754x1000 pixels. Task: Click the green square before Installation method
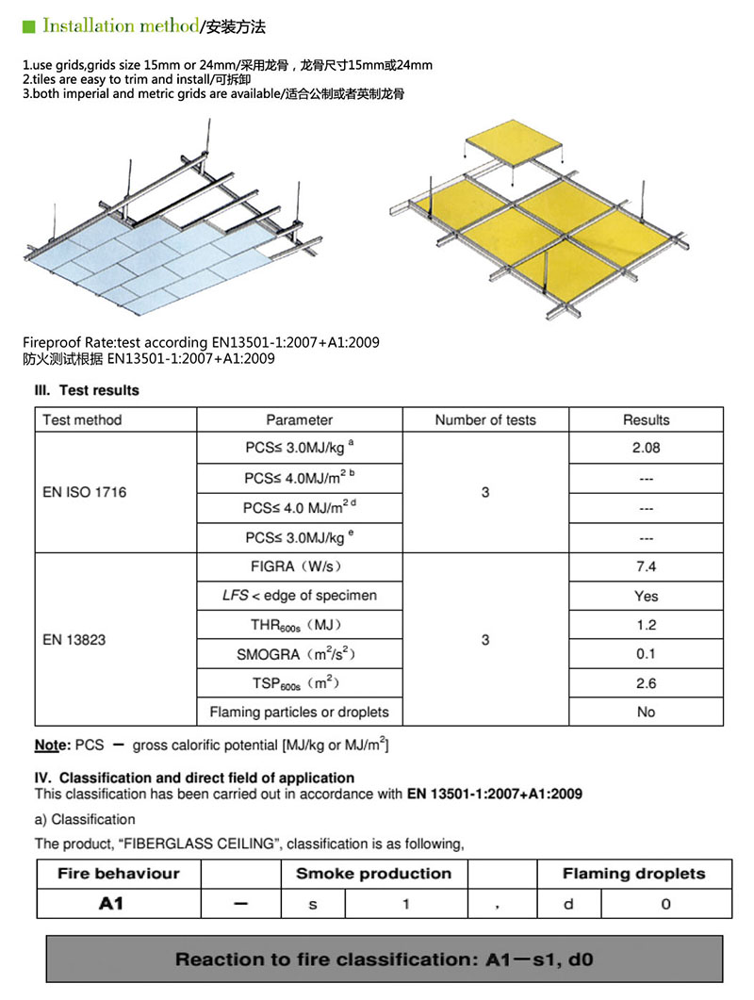click(x=29, y=25)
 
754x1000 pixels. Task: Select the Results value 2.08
click(x=646, y=448)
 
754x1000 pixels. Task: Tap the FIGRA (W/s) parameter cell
click(x=299, y=566)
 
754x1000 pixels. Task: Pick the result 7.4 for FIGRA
click(x=646, y=566)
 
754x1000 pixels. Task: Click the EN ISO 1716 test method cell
click(x=84, y=492)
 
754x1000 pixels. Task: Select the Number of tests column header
click(x=485, y=420)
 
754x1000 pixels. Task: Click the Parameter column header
click(x=299, y=420)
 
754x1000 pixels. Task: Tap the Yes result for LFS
click(x=646, y=596)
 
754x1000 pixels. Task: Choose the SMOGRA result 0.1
click(x=646, y=654)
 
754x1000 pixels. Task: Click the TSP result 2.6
click(x=646, y=683)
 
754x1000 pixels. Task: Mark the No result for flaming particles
click(x=646, y=713)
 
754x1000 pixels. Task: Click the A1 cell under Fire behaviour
click(x=111, y=904)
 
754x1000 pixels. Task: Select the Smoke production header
click(x=374, y=874)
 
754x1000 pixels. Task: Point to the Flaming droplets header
click(x=633, y=874)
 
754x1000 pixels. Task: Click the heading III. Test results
click(x=87, y=390)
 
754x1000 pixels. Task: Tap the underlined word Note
click(x=48, y=746)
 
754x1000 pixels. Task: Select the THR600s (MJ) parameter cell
click(x=299, y=625)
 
